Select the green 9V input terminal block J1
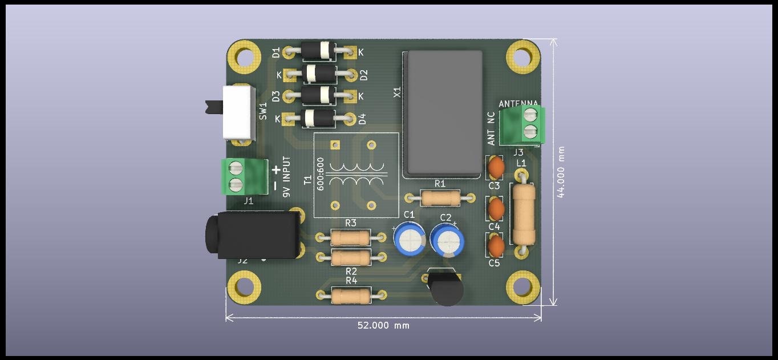point(245,176)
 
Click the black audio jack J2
point(254,234)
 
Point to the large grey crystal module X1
point(443,112)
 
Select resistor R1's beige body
point(439,197)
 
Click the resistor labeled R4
point(351,295)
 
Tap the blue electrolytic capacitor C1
point(409,238)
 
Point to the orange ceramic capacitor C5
point(496,246)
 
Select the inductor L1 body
point(523,215)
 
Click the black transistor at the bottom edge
point(446,289)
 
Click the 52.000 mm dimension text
point(383,326)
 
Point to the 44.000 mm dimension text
point(561,172)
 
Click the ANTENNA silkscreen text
point(518,104)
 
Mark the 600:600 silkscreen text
point(321,173)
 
